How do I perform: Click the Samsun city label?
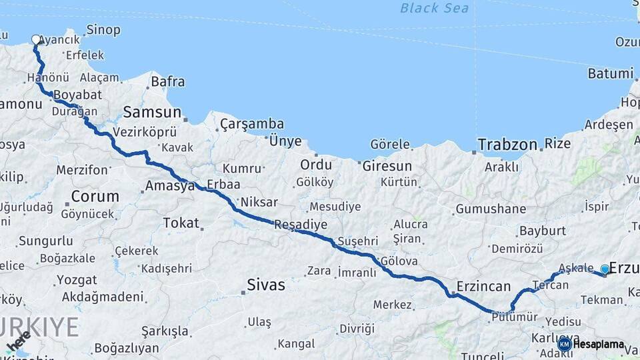(x=152, y=112)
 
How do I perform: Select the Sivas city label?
(x=265, y=285)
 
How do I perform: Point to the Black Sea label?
(x=434, y=8)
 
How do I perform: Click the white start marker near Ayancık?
(x=36, y=40)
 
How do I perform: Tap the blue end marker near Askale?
(x=605, y=269)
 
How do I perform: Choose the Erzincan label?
(x=483, y=287)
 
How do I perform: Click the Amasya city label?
(x=170, y=186)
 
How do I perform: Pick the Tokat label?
(x=181, y=223)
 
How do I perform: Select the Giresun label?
(x=387, y=166)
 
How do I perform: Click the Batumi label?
(x=610, y=73)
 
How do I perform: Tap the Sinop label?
(x=103, y=30)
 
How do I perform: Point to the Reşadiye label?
(x=301, y=225)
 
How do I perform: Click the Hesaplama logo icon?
(x=565, y=344)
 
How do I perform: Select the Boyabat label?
(x=77, y=95)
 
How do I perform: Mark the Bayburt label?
(x=542, y=231)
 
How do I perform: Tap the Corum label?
(x=95, y=197)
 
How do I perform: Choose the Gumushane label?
(x=491, y=209)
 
